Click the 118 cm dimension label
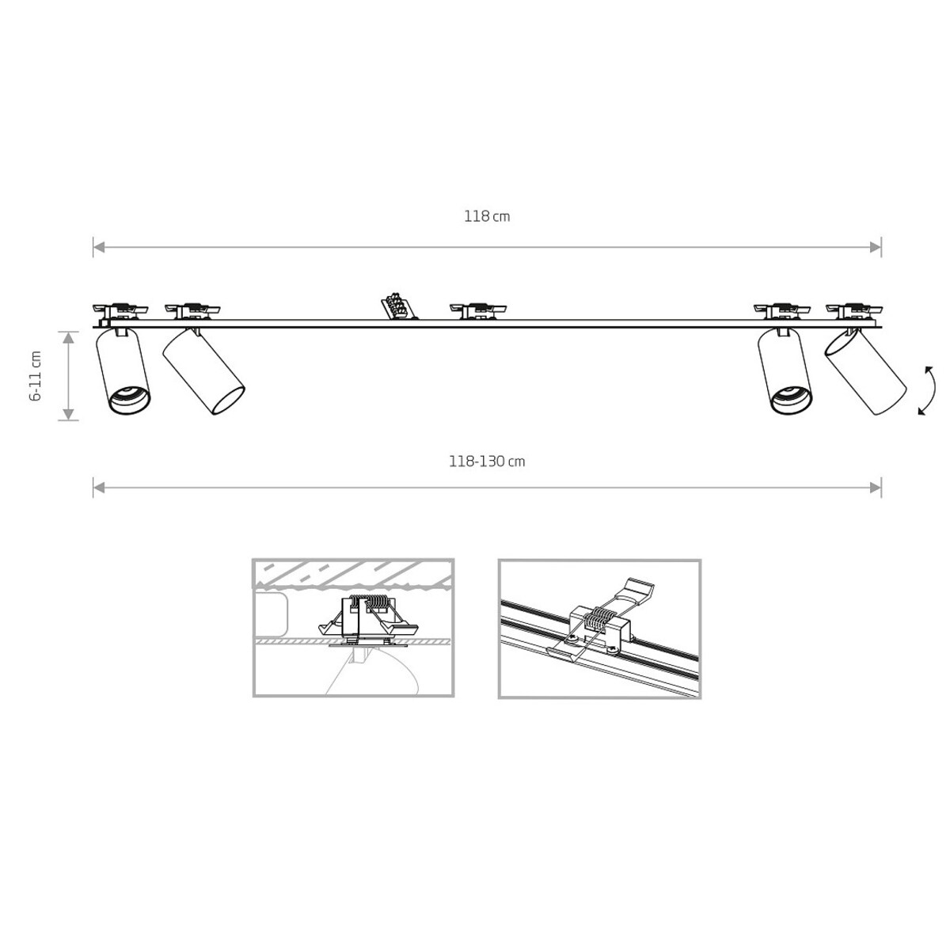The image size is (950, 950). [487, 216]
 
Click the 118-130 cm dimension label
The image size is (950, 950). [487, 462]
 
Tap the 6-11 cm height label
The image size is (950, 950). [36, 376]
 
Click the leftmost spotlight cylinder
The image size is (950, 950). [123, 370]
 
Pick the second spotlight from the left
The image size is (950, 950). [203, 370]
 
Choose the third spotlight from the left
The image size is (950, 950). [785, 370]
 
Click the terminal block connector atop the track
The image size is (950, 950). [398, 306]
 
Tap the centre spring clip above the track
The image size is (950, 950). [477, 311]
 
